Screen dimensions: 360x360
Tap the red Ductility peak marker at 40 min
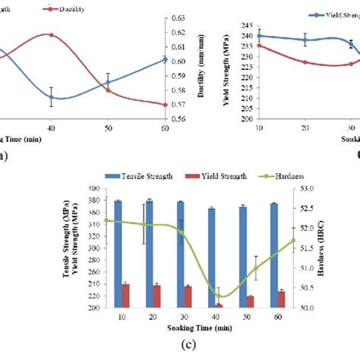click(x=51, y=34)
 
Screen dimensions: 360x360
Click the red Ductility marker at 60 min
click(x=165, y=105)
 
